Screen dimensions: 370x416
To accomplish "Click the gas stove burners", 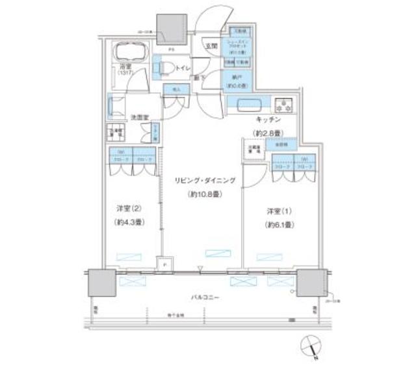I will (x=284, y=105).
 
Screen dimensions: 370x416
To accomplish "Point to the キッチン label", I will (x=266, y=121).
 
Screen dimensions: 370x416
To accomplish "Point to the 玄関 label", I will (x=211, y=46).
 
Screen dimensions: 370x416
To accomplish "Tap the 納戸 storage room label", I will (x=234, y=75).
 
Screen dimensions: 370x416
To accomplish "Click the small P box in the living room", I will (x=164, y=265).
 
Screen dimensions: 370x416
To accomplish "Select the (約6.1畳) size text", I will (x=280, y=225).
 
